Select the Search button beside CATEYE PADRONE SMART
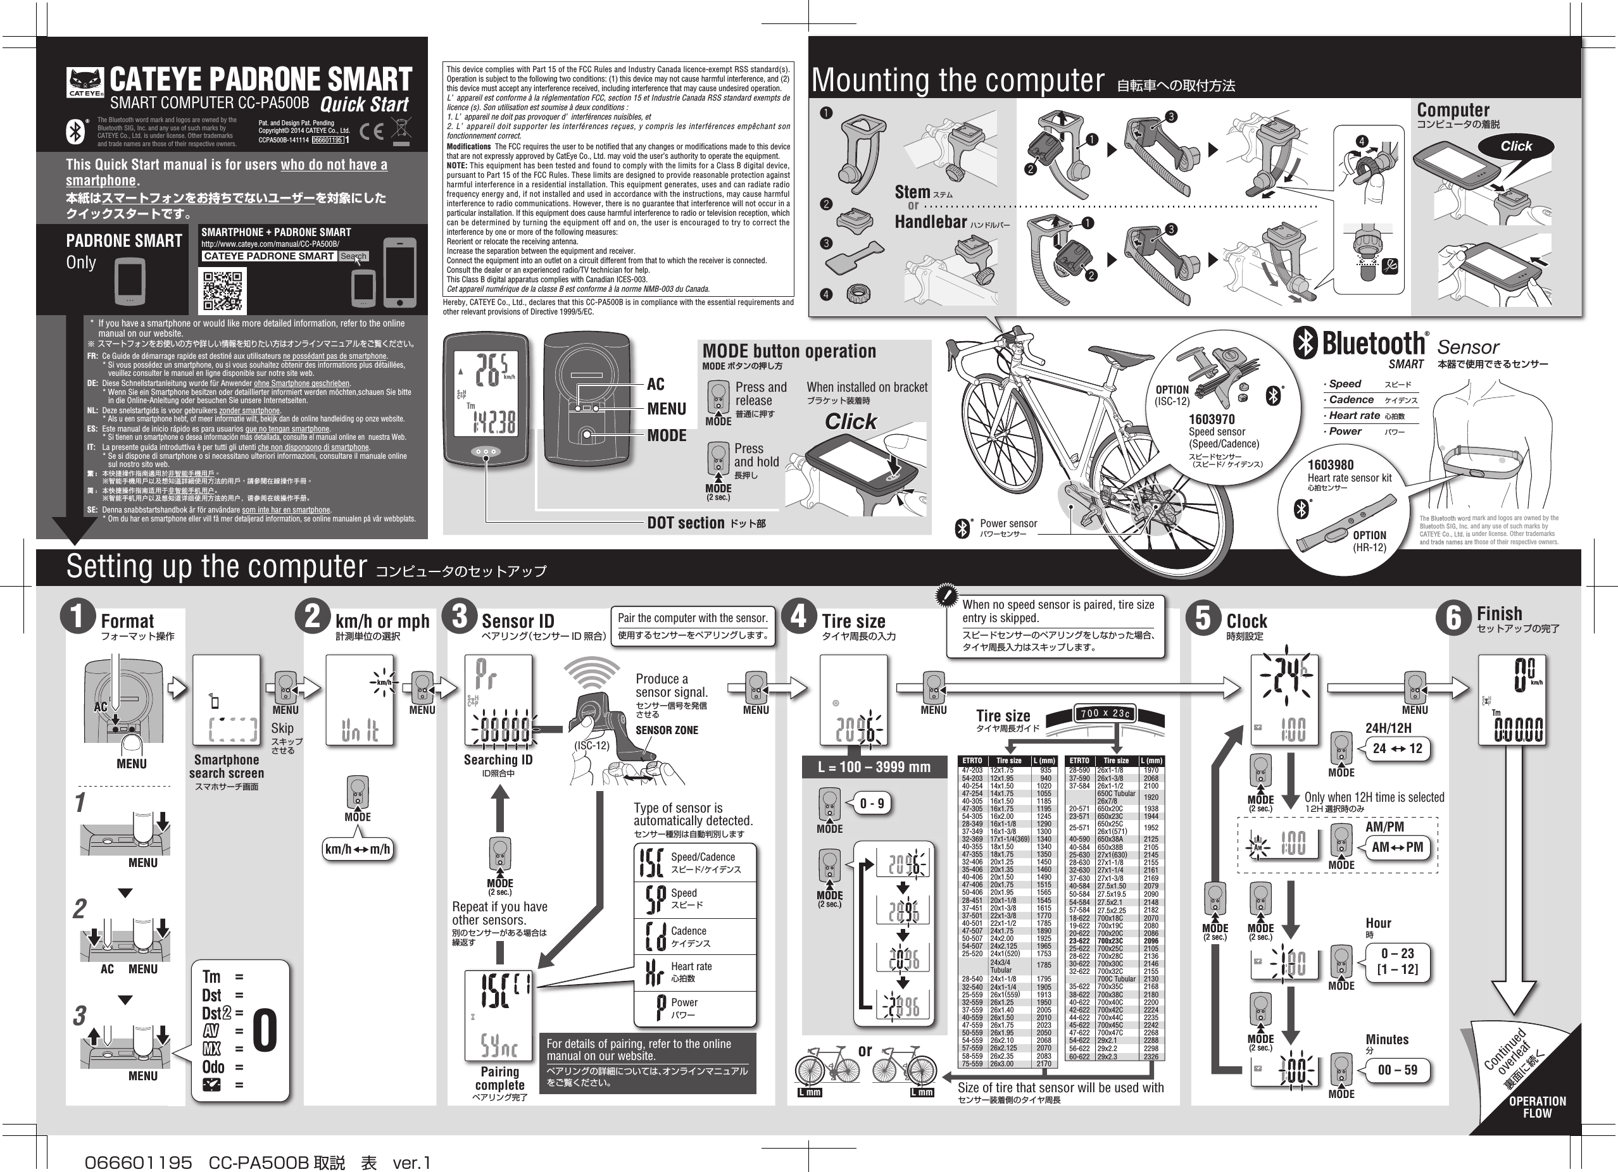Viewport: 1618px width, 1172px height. [353, 256]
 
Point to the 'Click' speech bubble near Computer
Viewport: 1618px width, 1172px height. [1516, 146]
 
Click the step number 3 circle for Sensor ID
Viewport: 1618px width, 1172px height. [460, 617]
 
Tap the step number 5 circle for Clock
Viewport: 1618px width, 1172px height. [1203, 618]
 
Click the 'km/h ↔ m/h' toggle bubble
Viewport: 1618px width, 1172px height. [358, 850]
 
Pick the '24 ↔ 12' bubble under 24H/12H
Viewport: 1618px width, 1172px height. [1397, 748]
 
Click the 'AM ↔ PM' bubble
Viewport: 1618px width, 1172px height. [1397, 847]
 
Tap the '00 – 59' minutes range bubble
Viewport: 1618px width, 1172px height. [1397, 1070]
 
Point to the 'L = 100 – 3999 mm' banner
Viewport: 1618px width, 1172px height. [874, 768]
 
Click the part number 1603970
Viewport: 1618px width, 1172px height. [1212, 420]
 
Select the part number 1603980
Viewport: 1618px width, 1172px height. [1331, 465]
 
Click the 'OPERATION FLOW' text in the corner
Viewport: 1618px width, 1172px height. [1538, 1106]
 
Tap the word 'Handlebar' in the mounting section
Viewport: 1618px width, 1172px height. [931, 223]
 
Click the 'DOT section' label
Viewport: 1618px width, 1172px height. [686, 523]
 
